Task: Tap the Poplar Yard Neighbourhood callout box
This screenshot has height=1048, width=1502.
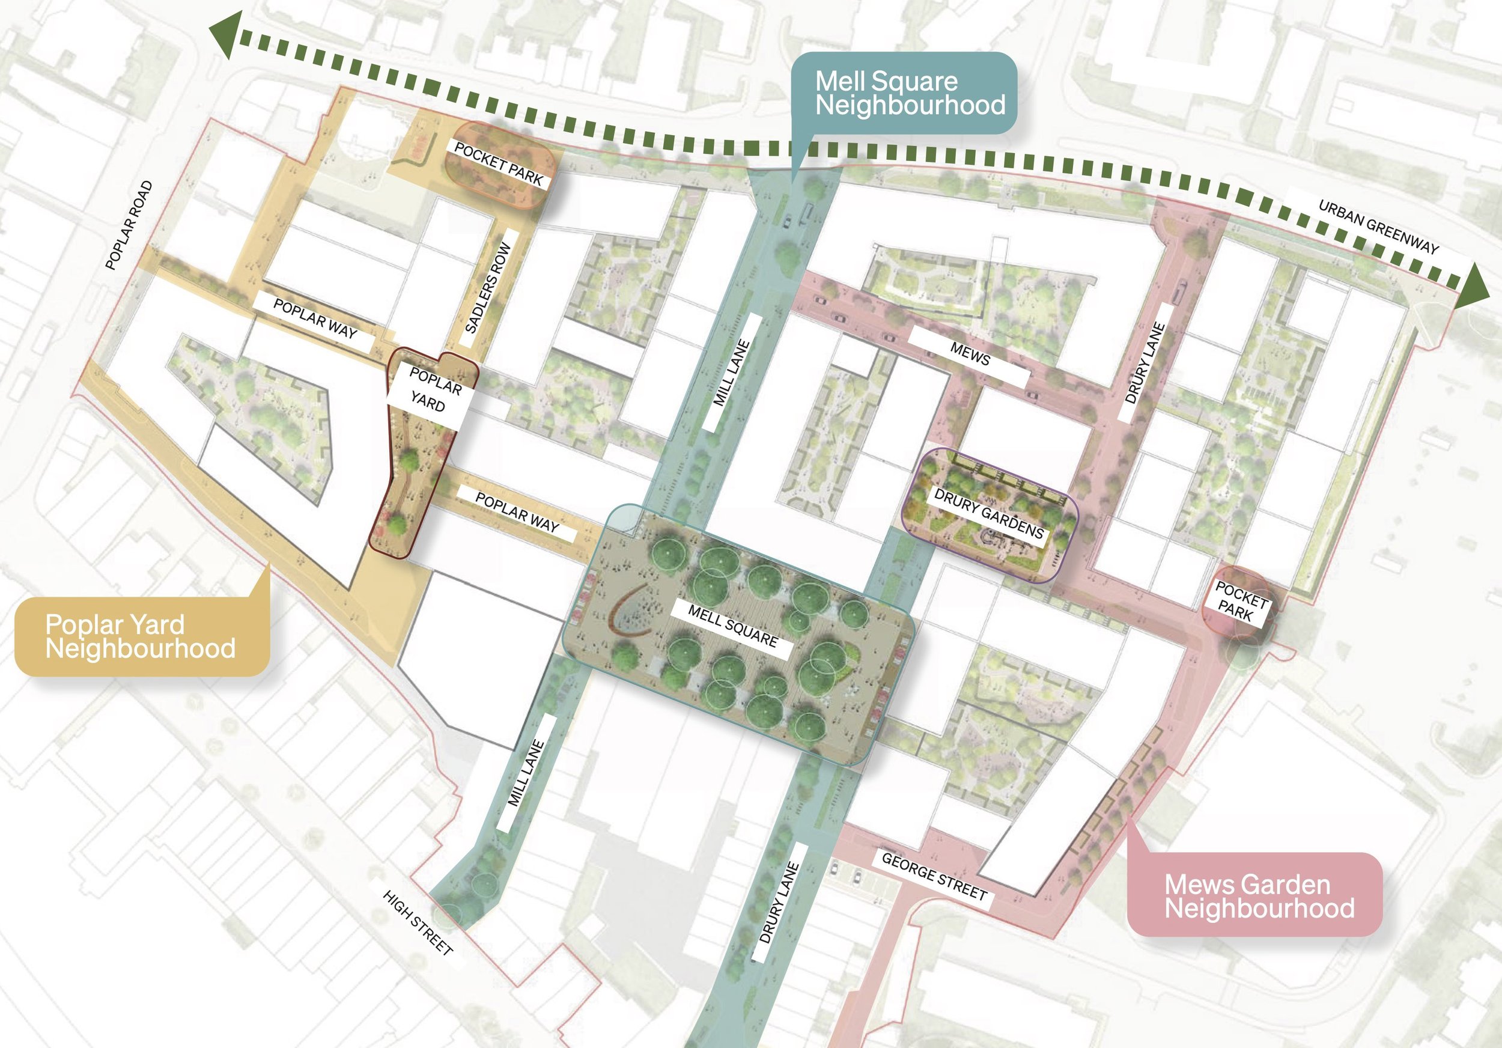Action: [141, 636]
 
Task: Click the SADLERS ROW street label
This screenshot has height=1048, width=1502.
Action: [488, 288]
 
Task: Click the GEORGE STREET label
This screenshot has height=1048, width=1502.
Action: [934, 876]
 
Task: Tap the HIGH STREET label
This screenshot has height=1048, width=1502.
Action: [418, 922]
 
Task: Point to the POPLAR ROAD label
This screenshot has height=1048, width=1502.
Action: [129, 225]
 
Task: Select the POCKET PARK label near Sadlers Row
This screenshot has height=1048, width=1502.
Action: [499, 163]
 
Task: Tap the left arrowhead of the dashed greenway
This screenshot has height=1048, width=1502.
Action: [226, 34]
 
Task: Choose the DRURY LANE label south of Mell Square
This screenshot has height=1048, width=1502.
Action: [779, 902]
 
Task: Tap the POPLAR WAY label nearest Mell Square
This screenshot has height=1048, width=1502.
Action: [517, 512]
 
